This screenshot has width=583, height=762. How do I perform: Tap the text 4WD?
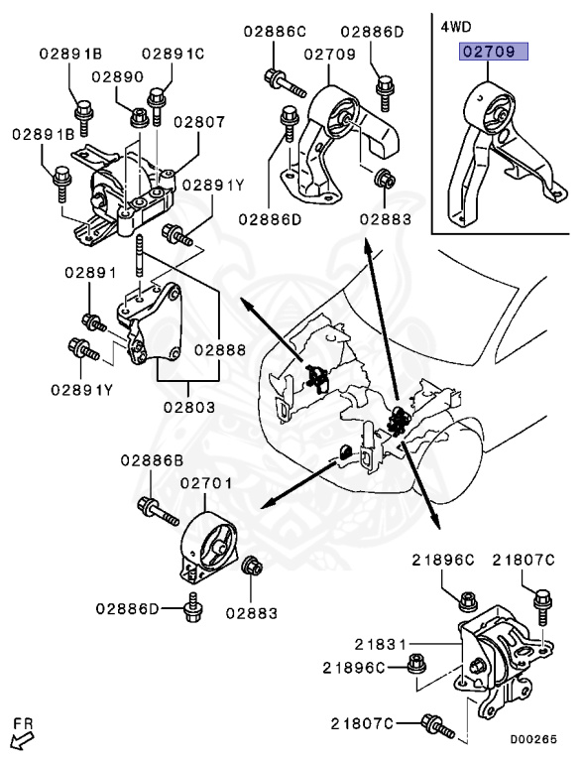[456, 26]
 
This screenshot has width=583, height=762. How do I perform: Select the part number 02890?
[117, 75]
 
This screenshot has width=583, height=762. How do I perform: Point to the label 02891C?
[172, 53]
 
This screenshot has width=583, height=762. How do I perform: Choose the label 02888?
[218, 349]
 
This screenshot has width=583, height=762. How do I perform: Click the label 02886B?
[153, 459]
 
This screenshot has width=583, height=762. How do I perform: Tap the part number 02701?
[205, 483]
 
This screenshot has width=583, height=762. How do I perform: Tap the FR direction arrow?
[21, 740]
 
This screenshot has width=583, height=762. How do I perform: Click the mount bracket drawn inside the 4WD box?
[496, 149]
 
